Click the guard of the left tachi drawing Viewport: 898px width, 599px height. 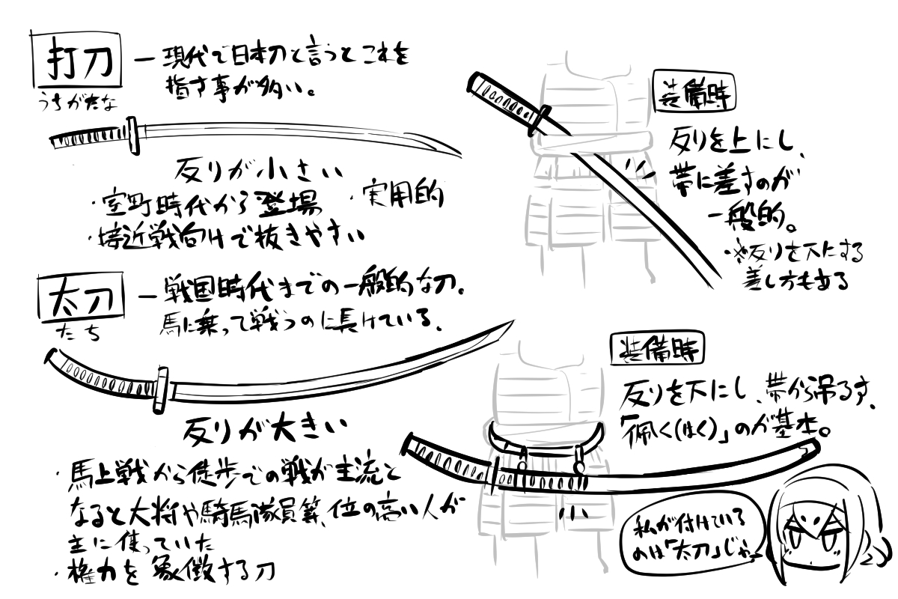pos(162,389)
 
